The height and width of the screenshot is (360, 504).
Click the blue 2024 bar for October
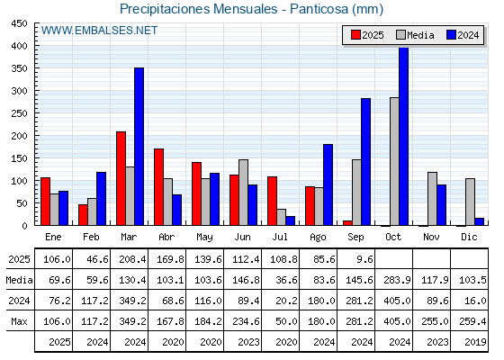point(404,136)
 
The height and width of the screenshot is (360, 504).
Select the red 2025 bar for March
point(121,178)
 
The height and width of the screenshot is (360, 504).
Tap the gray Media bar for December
point(470,202)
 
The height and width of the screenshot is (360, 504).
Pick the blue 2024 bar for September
point(365,162)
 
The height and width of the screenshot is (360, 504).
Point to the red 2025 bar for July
point(272,201)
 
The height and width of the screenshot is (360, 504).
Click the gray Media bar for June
point(243,193)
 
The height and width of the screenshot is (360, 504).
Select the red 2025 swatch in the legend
point(355,35)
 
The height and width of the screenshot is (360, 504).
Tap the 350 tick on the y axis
point(19,68)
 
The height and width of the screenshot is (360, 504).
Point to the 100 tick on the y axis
point(19,181)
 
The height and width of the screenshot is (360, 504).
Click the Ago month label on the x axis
point(318,238)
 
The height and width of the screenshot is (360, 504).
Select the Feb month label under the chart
point(91,237)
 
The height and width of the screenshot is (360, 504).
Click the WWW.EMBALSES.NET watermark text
point(99,31)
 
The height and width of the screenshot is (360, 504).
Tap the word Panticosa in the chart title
point(319,9)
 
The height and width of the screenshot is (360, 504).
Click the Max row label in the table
point(19,321)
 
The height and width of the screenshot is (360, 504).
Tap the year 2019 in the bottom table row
point(475,342)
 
